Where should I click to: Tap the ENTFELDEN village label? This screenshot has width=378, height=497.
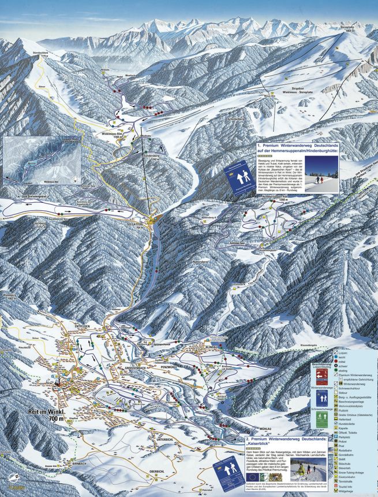tap(84, 327)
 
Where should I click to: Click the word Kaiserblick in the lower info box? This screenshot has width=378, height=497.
tap(282, 443)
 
